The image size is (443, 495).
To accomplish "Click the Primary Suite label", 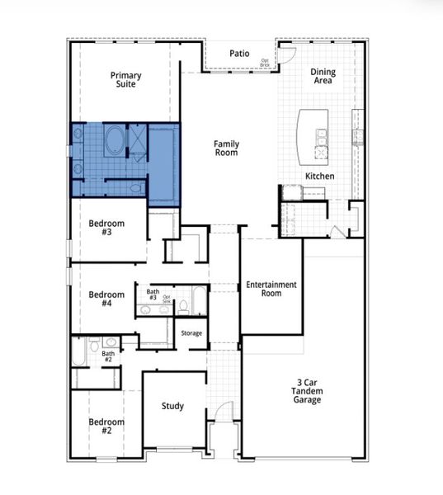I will (126, 80).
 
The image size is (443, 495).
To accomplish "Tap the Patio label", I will (239, 54).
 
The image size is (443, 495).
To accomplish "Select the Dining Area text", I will (323, 77).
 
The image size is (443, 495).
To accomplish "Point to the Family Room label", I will (226, 148).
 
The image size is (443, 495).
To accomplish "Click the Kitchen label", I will (319, 177).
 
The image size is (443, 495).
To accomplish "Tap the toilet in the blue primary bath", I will (136, 188).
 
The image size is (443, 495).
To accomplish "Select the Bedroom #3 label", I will (106, 228).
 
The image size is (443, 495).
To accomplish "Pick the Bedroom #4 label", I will (106, 299).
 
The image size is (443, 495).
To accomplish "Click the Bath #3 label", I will (153, 295).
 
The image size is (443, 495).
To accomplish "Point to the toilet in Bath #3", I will (183, 305).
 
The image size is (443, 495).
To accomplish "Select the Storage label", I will (191, 332).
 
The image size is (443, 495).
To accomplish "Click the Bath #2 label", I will (108, 356).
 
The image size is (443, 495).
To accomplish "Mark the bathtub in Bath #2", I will (78, 353).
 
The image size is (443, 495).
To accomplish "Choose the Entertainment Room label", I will (271, 289).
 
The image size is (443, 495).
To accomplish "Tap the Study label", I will (172, 406).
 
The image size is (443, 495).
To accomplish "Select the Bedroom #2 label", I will (106, 426).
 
